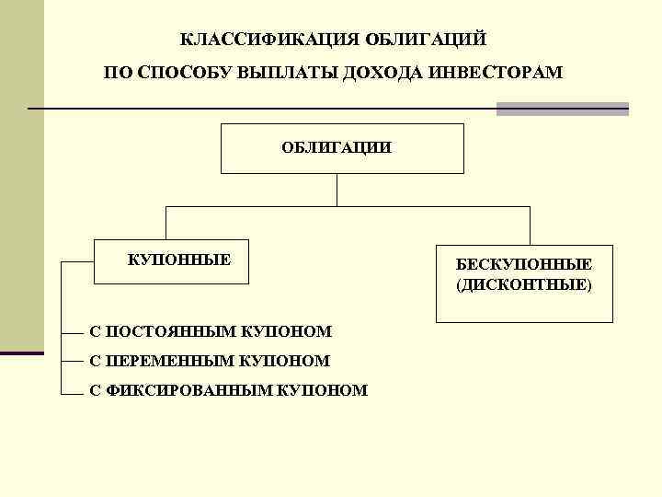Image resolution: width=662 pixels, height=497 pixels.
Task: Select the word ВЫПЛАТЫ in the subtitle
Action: click(287, 73)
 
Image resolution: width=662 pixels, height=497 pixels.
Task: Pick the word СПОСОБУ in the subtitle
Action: click(187, 73)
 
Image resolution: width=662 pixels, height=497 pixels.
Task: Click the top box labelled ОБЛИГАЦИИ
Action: click(341, 148)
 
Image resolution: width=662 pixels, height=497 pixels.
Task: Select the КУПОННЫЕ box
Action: click(178, 261)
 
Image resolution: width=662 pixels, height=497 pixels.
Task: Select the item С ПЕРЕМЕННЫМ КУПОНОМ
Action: click(209, 361)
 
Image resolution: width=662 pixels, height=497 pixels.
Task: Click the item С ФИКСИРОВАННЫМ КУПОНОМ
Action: click(228, 390)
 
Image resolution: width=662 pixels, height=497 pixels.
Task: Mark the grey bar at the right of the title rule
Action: click(562, 109)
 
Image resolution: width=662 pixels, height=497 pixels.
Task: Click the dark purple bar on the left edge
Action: click(21, 353)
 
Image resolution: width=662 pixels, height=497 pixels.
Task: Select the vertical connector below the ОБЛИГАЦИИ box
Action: click(338, 189)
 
